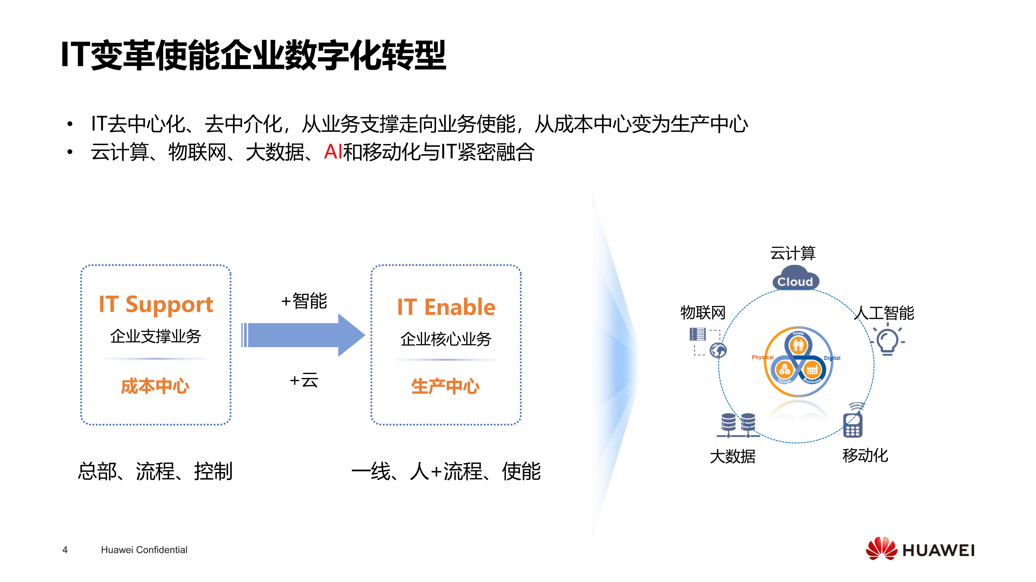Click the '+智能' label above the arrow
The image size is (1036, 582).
pos(304,301)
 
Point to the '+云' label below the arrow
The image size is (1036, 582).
pos(304,380)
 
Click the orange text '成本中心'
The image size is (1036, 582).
pos(155,386)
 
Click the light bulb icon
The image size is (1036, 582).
pos(888,341)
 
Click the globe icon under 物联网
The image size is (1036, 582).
pos(718,350)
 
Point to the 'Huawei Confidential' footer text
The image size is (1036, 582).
pos(144,550)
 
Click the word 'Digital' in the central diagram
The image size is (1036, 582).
pos(832,358)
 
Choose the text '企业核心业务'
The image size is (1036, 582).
pos(446,339)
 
